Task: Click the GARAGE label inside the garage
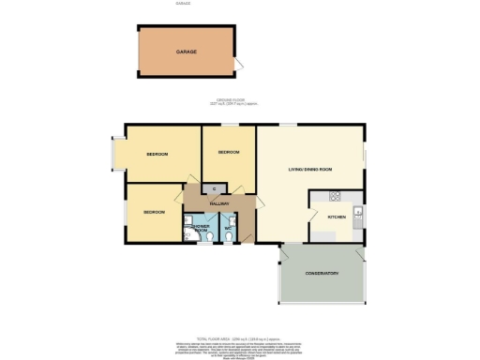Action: [x=185, y=52]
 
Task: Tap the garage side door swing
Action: [x=241, y=65]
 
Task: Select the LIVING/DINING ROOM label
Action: [x=310, y=170]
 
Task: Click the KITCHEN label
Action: [x=337, y=217]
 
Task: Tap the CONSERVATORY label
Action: [x=321, y=273]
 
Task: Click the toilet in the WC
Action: [x=230, y=237]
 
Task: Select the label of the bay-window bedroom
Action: [x=157, y=154]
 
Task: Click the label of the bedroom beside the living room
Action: [x=229, y=152]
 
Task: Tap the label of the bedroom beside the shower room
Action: [x=154, y=212]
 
